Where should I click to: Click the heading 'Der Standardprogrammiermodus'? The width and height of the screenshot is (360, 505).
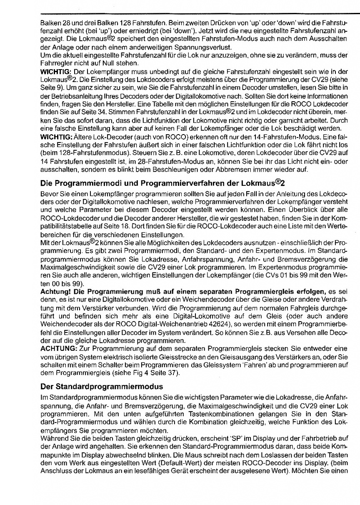[x=102, y=387]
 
